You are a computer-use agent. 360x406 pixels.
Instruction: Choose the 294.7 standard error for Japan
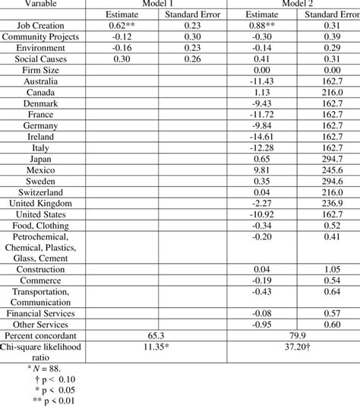pyautogui.click(x=330, y=160)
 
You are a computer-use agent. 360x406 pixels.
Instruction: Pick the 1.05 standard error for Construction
pyautogui.click(x=330, y=268)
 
